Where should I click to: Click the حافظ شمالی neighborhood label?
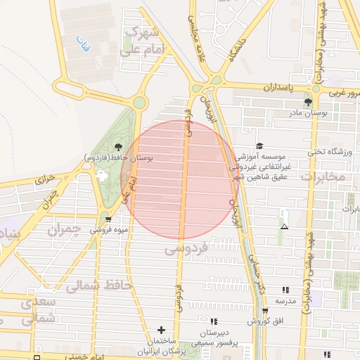(x=94, y=285)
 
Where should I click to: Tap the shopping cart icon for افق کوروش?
(x=264, y=311)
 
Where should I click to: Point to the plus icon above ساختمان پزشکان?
(x=162, y=330)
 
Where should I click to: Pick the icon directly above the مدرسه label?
(x=285, y=290)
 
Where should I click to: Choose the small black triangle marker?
(x=284, y=226)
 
